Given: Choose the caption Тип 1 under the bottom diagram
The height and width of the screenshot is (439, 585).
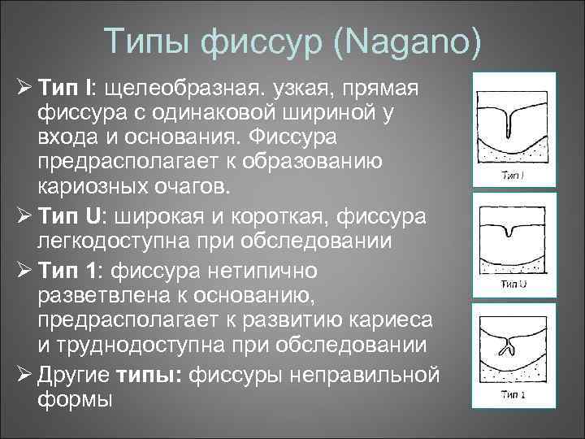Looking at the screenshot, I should (512, 396).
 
